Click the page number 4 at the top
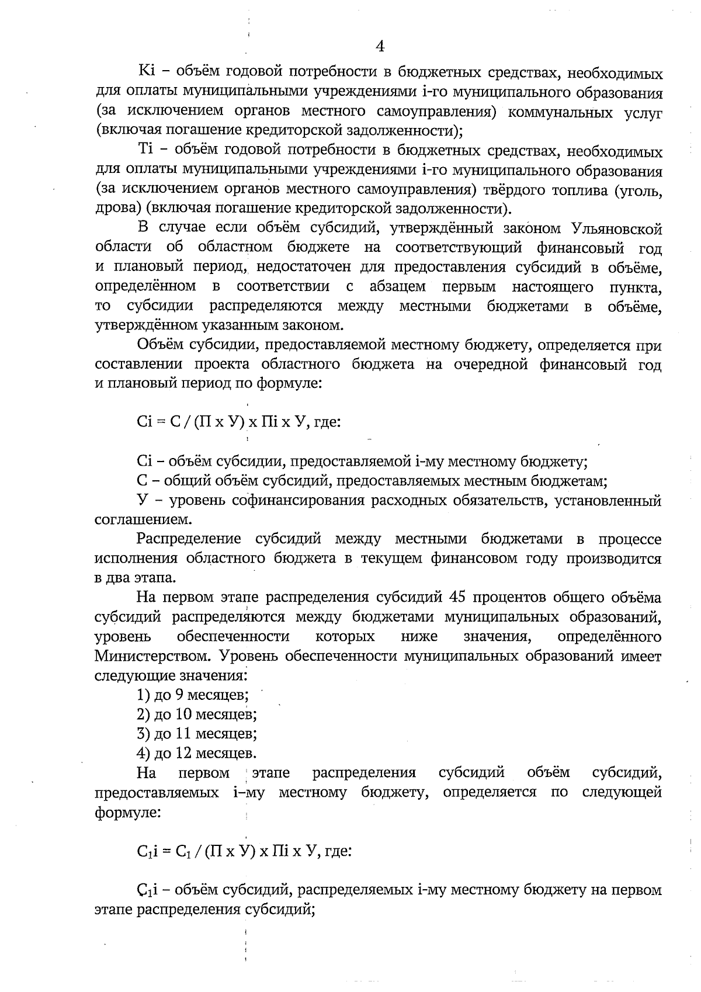[x=380, y=47]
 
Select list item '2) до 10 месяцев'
[x=196, y=714]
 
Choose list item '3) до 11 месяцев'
[x=196, y=734]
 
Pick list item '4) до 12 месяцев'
[x=196, y=753]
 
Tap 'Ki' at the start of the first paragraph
[x=145, y=74]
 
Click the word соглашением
[x=142, y=519]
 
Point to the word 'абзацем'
[x=397, y=287]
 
